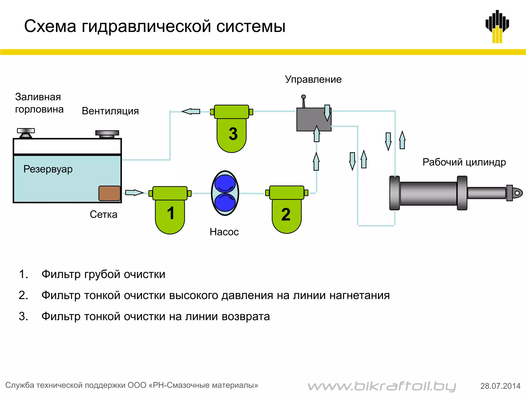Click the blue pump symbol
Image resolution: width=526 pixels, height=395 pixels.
coord(225,193)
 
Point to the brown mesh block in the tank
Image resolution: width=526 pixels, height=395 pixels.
coord(110,193)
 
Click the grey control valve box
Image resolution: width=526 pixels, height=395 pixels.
coord(314,120)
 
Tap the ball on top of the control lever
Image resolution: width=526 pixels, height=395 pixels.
coord(304,97)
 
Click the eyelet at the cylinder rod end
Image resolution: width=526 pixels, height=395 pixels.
coord(517,193)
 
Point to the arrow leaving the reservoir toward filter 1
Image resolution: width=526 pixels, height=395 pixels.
coord(134,192)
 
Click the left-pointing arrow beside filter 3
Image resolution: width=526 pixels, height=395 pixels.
coord(191,111)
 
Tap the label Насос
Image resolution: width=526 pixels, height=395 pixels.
coord(224,232)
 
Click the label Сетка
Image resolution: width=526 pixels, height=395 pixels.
coord(104,214)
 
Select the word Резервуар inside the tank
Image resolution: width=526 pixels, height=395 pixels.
coord(48,169)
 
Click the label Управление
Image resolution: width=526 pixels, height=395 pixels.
coord(313,79)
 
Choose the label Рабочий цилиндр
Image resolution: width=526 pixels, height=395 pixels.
coord(464,162)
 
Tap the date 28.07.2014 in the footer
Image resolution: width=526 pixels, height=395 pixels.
coord(500,386)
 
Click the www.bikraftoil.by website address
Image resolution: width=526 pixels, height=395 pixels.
coord(382,386)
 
